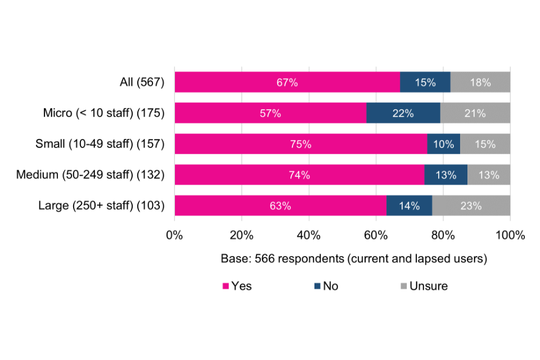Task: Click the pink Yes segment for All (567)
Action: coord(287,82)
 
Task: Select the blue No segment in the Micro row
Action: coord(403,113)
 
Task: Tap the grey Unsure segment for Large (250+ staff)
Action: coord(471,206)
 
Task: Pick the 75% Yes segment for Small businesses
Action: coord(301,144)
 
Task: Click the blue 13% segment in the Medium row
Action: coord(445,175)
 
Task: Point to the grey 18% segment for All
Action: coord(480,82)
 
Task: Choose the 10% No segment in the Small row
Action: coord(444,144)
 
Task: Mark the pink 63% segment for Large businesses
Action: coord(280,206)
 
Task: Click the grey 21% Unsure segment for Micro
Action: coord(475,113)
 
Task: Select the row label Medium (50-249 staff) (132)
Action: coord(90,175)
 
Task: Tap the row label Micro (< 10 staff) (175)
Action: coord(103,113)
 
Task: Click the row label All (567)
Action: coord(142,82)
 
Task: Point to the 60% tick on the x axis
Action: coord(376,235)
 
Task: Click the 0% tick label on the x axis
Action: coord(174,235)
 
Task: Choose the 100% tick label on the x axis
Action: coord(510,235)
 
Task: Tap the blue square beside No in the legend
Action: coord(318,286)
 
